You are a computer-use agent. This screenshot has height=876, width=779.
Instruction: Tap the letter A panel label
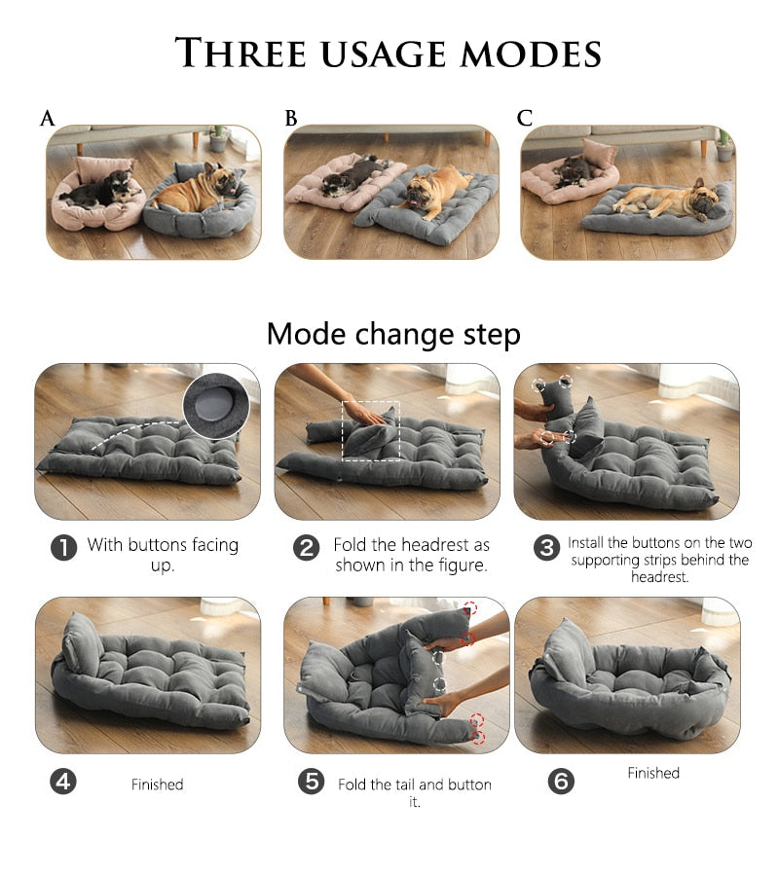pos(47,119)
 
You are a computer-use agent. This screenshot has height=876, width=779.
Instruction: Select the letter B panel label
pos(290,119)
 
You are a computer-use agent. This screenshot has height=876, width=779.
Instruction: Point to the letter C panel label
pos(525,118)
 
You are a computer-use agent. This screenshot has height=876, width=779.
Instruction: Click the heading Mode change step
pos(393,334)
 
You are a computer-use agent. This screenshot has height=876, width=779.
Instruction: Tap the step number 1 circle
pos(63,548)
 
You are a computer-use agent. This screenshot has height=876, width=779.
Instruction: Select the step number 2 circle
pos(307,548)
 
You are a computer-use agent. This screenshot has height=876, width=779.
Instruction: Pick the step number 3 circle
pos(546,548)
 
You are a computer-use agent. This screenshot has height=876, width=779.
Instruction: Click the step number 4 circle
pos(63,782)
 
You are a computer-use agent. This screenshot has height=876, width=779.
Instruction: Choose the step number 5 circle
pos(311,782)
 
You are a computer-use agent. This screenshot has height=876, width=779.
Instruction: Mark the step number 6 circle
pos(561,782)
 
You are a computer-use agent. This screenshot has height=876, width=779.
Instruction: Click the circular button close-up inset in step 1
pos(214,405)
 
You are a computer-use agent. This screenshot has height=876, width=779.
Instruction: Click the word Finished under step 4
pos(157,784)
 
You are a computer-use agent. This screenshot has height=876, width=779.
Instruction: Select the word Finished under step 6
pos(652,773)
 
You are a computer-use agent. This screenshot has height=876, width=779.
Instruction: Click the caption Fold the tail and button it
pos(414,792)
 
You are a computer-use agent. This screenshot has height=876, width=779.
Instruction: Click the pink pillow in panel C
pos(598,154)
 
